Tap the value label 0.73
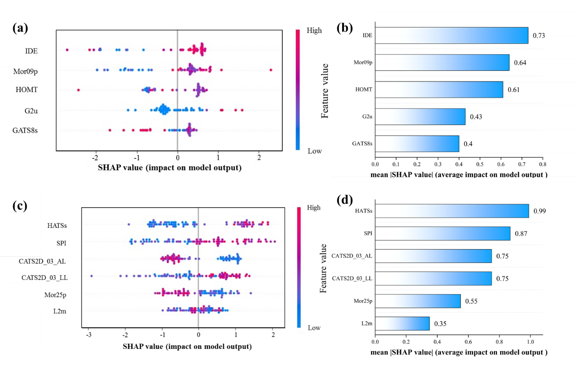[x=539, y=35]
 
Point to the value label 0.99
[x=540, y=211]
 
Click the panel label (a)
[x=21, y=28]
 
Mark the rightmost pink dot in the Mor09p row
[x=271, y=70]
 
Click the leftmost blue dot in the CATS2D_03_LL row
[x=92, y=276]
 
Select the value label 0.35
[x=440, y=323]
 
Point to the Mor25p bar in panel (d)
[x=418, y=301]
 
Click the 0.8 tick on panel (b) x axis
[x=542, y=164]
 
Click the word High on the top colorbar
[x=314, y=30]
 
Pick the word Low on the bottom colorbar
[x=314, y=328]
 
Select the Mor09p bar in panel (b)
[x=442, y=63]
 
